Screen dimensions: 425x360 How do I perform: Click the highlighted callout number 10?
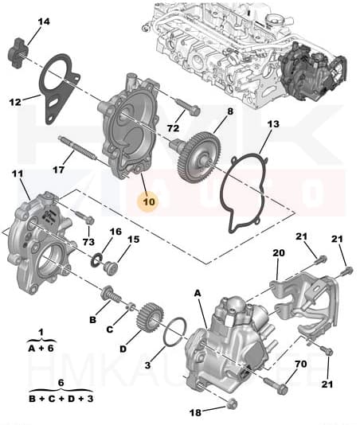point(149,201)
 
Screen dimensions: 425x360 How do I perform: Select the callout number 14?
point(43,21)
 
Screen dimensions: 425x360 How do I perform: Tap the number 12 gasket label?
point(14,101)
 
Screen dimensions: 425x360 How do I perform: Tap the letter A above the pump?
point(198,293)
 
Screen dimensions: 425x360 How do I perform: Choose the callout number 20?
point(278,253)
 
